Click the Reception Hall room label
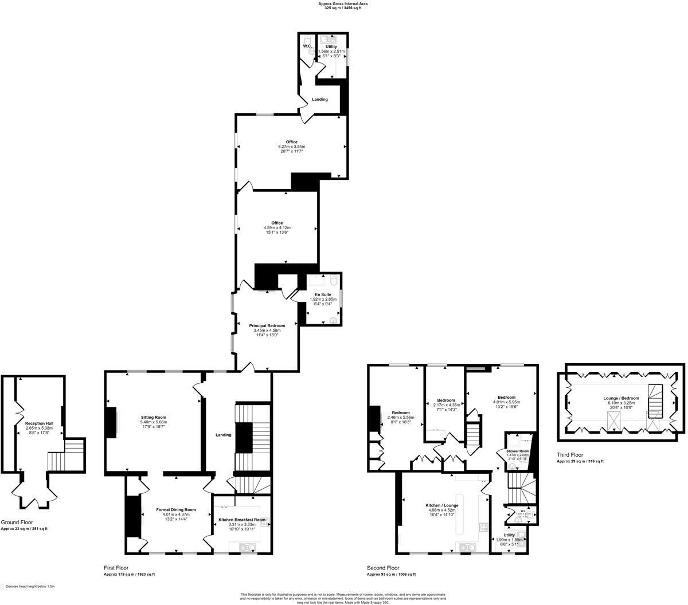(38, 423)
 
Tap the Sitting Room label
(153, 417)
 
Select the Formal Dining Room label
(176, 509)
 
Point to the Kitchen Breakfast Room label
(242, 520)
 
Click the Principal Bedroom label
(267, 325)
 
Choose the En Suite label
(323, 294)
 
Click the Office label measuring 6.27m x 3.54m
(292, 142)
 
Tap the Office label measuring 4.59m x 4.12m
(277, 223)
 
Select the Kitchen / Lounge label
(441, 505)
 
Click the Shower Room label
(518, 451)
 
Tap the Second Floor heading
(382, 568)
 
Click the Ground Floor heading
(15, 522)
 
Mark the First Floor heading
(116, 568)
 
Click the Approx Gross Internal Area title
(343, 3)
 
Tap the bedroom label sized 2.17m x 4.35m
(445, 400)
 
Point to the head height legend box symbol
(2, 587)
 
